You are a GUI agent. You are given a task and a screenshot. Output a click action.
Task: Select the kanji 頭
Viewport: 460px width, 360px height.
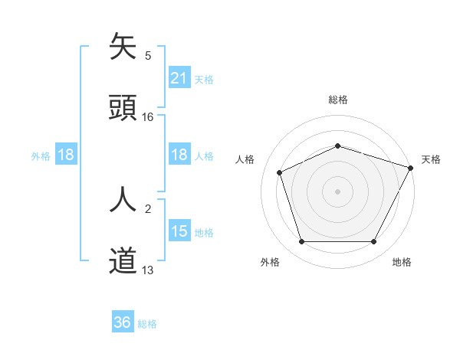click(x=123, y=106)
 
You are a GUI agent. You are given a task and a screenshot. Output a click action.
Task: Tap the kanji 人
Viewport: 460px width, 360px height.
click(x=123, y=200)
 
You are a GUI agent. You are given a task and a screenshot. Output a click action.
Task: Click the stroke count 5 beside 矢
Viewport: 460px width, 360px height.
click(x=148, y=56)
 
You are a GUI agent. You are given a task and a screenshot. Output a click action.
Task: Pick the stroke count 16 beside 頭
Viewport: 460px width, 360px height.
click(x=148, y=116)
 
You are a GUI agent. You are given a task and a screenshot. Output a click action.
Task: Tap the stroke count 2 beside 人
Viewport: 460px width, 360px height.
click(x=148, y=208)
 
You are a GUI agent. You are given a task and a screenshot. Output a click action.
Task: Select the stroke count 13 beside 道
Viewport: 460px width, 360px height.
click(x=148, y=270)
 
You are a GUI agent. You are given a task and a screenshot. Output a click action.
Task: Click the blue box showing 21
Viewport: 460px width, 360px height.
click(x=179, y=78)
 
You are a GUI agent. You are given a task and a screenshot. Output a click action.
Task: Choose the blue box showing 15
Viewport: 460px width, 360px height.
click(x=179, y=232)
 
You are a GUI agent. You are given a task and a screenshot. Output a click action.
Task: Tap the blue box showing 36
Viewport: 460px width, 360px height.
click(x=123, y=322)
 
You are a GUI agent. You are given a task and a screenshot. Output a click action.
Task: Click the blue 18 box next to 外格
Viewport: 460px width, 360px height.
click(x=66, y=155)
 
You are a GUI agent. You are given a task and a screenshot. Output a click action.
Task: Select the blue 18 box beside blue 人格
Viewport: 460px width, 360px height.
click(x=179, y=155)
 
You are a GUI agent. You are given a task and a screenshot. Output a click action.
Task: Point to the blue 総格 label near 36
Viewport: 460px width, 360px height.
click(x=147, y=324)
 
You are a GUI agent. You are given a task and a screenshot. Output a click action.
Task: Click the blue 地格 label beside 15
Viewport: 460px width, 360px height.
click(x=204, y=233)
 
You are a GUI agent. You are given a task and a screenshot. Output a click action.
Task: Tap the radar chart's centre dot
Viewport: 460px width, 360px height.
click(x=337, y=191)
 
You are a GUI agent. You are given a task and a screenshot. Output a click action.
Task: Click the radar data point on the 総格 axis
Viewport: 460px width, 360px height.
click(x=337, y=146)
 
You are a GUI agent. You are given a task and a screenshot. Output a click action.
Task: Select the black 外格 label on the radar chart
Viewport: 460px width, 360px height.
click(x=270, y=263)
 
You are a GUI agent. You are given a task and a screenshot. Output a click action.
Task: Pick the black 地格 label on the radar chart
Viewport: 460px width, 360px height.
click(x=402, y=263)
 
